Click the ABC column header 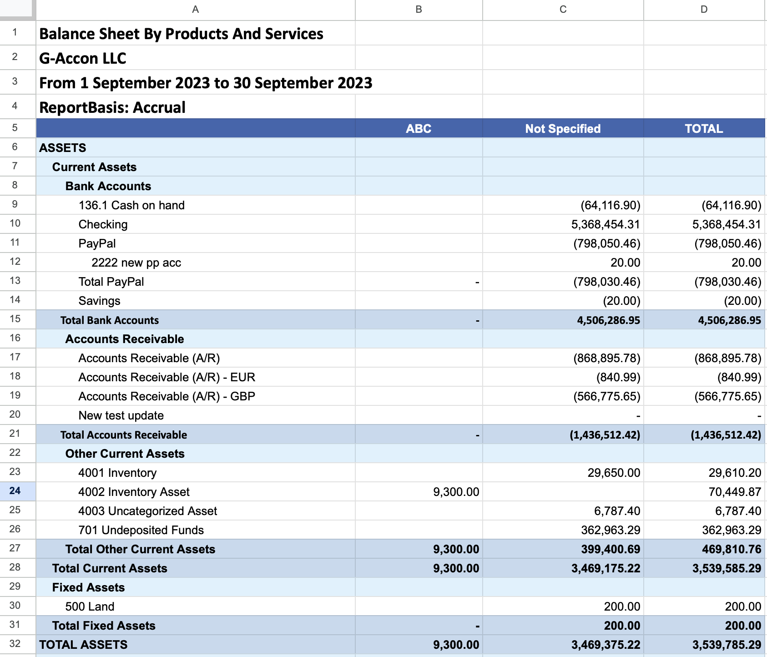(x=419, y=129)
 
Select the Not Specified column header (x=563, y=129)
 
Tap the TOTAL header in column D (x=704, y=129)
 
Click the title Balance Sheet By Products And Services (x=181, y=34)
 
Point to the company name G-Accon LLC (x=83, y=58)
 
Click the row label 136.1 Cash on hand (x=131, y=205)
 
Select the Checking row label (x=103, y=224)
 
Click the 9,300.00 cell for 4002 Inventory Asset (x=456, y=492)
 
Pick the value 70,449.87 (x=735, y=492)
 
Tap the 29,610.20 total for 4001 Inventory (x=735, y=473)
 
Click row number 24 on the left (x=15, y=491)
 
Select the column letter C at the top (x=563, y=10)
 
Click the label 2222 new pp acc (x=136, y=263)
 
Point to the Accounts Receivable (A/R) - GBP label (x=167, y=396)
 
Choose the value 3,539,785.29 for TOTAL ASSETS (x=727, y=645)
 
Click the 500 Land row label (x=90, y=606)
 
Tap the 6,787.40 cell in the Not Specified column (x=617, y=511)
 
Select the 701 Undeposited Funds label (x=141, y=530)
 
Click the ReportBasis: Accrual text (x=112, y=107)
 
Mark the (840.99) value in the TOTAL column (x=739, y=377)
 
